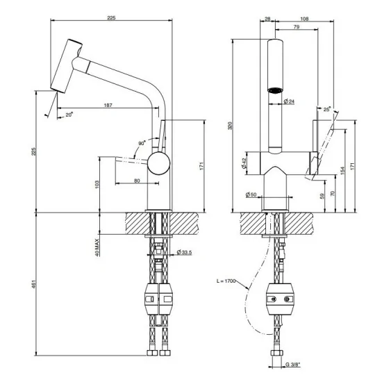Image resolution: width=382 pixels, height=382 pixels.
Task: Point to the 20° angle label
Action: [x=69, y=115]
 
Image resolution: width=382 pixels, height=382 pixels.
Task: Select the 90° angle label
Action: [x=142, y=143]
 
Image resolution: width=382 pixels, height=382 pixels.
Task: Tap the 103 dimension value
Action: [x=99, y=184]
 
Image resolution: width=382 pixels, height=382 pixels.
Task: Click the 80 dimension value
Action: [x=136, y=181]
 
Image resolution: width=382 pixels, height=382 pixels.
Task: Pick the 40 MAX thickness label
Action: [x=99, y=247]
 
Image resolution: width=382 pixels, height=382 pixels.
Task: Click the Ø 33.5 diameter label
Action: [x=184, y=251]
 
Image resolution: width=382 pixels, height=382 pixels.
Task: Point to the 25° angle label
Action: [x=326, y=109]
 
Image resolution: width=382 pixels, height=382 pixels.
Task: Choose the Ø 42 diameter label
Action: [x=243, y=163]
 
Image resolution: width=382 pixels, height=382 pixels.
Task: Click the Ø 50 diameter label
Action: [x=251, y=194]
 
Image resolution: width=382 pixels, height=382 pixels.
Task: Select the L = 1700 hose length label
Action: [x=226, y=281]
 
